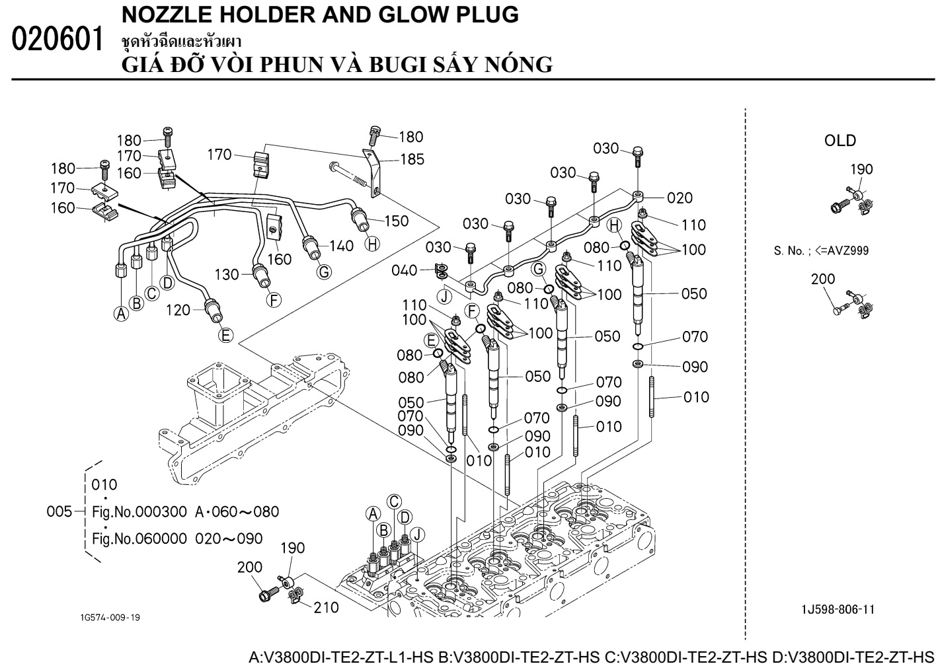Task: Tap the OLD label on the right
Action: (x=839, y=140)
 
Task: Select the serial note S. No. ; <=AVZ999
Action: (x=821, y=250)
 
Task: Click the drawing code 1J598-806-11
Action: (x=840, y=609)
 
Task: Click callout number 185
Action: (x=412, y=159)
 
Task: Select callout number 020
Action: (x=680, y=198)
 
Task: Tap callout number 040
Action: (x=404, y=270)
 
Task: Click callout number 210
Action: (x=326, y=607)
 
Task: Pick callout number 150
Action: (x=396, y=221)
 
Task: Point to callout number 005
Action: (x=59, y=511)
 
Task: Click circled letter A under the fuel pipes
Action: (x=122, y=314)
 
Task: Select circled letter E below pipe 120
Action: (x=226, y=335)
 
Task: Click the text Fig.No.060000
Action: (x=139, y=538)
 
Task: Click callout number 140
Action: (x=341, y=246)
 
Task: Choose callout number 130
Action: (x=227, y=274)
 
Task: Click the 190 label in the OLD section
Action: (x=861, y=169)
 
